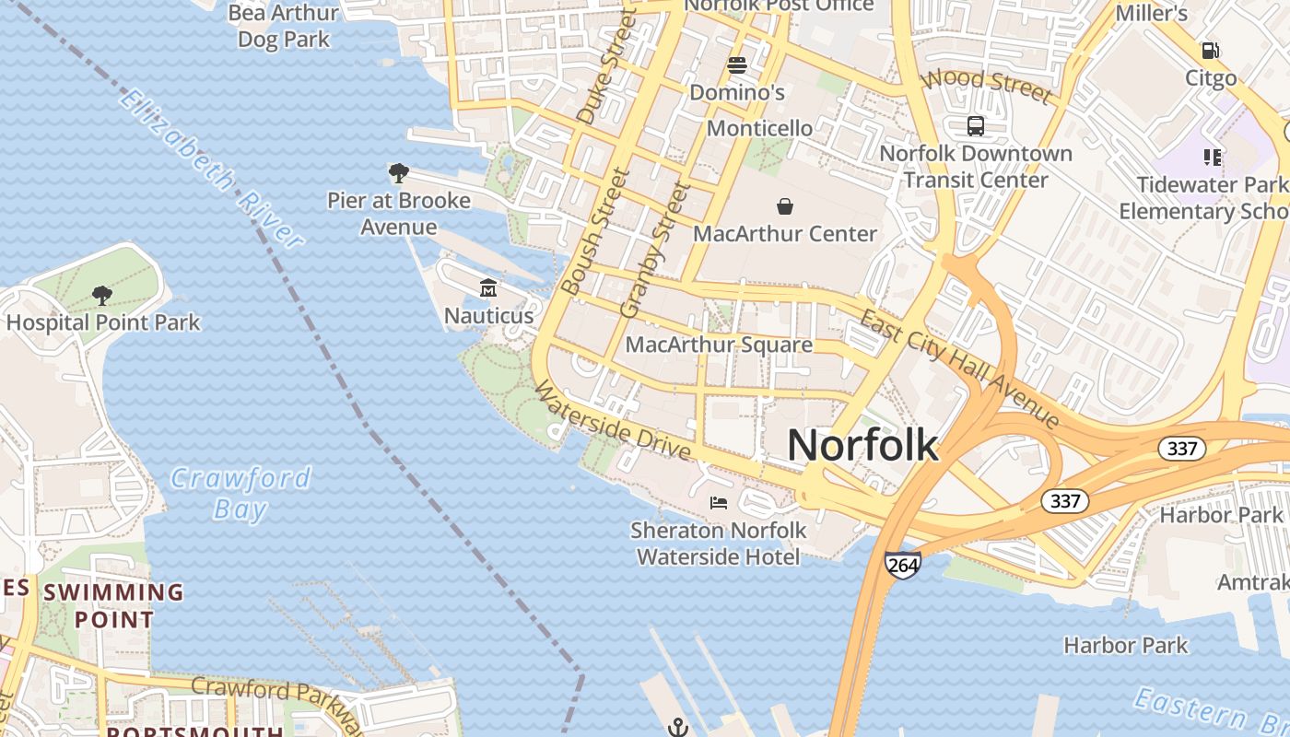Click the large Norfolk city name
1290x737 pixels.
point(862,446)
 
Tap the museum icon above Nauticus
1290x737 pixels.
point(487,288)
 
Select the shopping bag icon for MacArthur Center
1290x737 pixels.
point(785,205)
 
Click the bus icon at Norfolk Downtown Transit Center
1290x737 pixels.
point(976,126)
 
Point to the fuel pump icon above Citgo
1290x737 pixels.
point(1210,51)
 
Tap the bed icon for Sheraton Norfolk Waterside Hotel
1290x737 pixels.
point(719,503)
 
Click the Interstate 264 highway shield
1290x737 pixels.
point(902,565)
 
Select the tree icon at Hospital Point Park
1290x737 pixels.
point(102,296)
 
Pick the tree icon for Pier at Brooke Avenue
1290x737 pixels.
point(399,173)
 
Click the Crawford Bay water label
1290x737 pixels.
point(240,493)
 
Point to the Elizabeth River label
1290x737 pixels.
point(211,170)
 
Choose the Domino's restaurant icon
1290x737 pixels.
point(736,65)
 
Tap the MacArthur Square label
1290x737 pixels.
point(719,345)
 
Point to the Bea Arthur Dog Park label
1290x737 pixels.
point(283,26)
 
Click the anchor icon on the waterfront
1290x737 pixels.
point(678,728)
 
